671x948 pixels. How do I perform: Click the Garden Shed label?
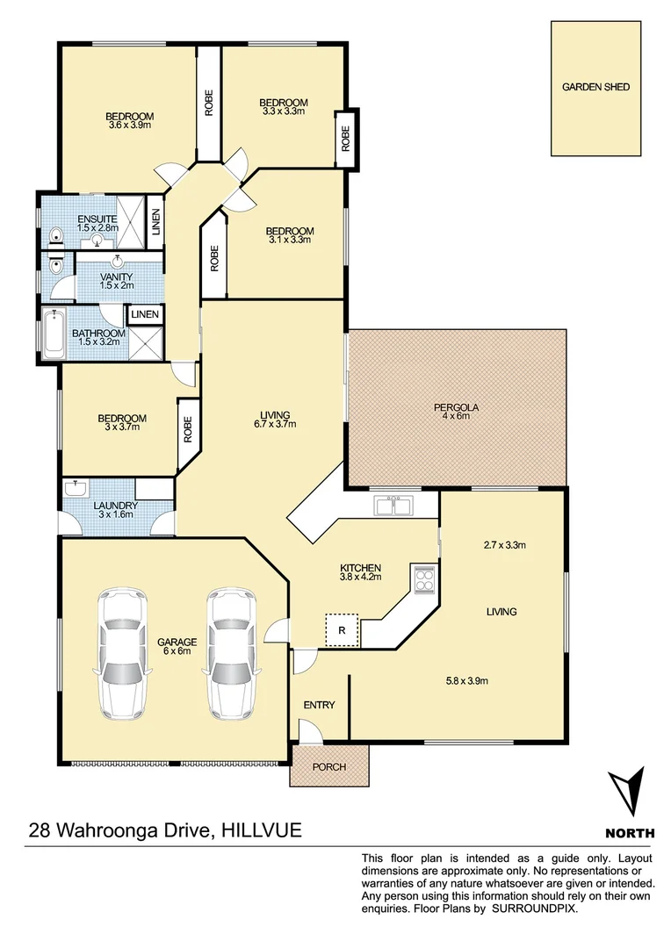[x=595, y=87]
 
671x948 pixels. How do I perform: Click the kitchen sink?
[x=393, y=505]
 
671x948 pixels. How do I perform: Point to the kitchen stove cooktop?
[x=422, y=578]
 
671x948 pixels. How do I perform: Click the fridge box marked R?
[x=343, y=629]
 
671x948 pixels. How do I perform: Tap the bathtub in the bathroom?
[x=53, y=334]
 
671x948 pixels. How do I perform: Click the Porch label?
[x=329, y=767]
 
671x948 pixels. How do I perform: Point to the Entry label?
[x=319, y=705]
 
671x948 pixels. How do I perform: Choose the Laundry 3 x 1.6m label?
[x=115, y=511]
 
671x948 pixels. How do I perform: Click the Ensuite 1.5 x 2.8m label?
[x=97, y=223]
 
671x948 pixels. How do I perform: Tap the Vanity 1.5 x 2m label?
[x=117, y=281]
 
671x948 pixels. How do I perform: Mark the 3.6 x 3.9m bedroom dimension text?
[x=129, y=126]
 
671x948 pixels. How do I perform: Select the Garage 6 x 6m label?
[x=177, y=647]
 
